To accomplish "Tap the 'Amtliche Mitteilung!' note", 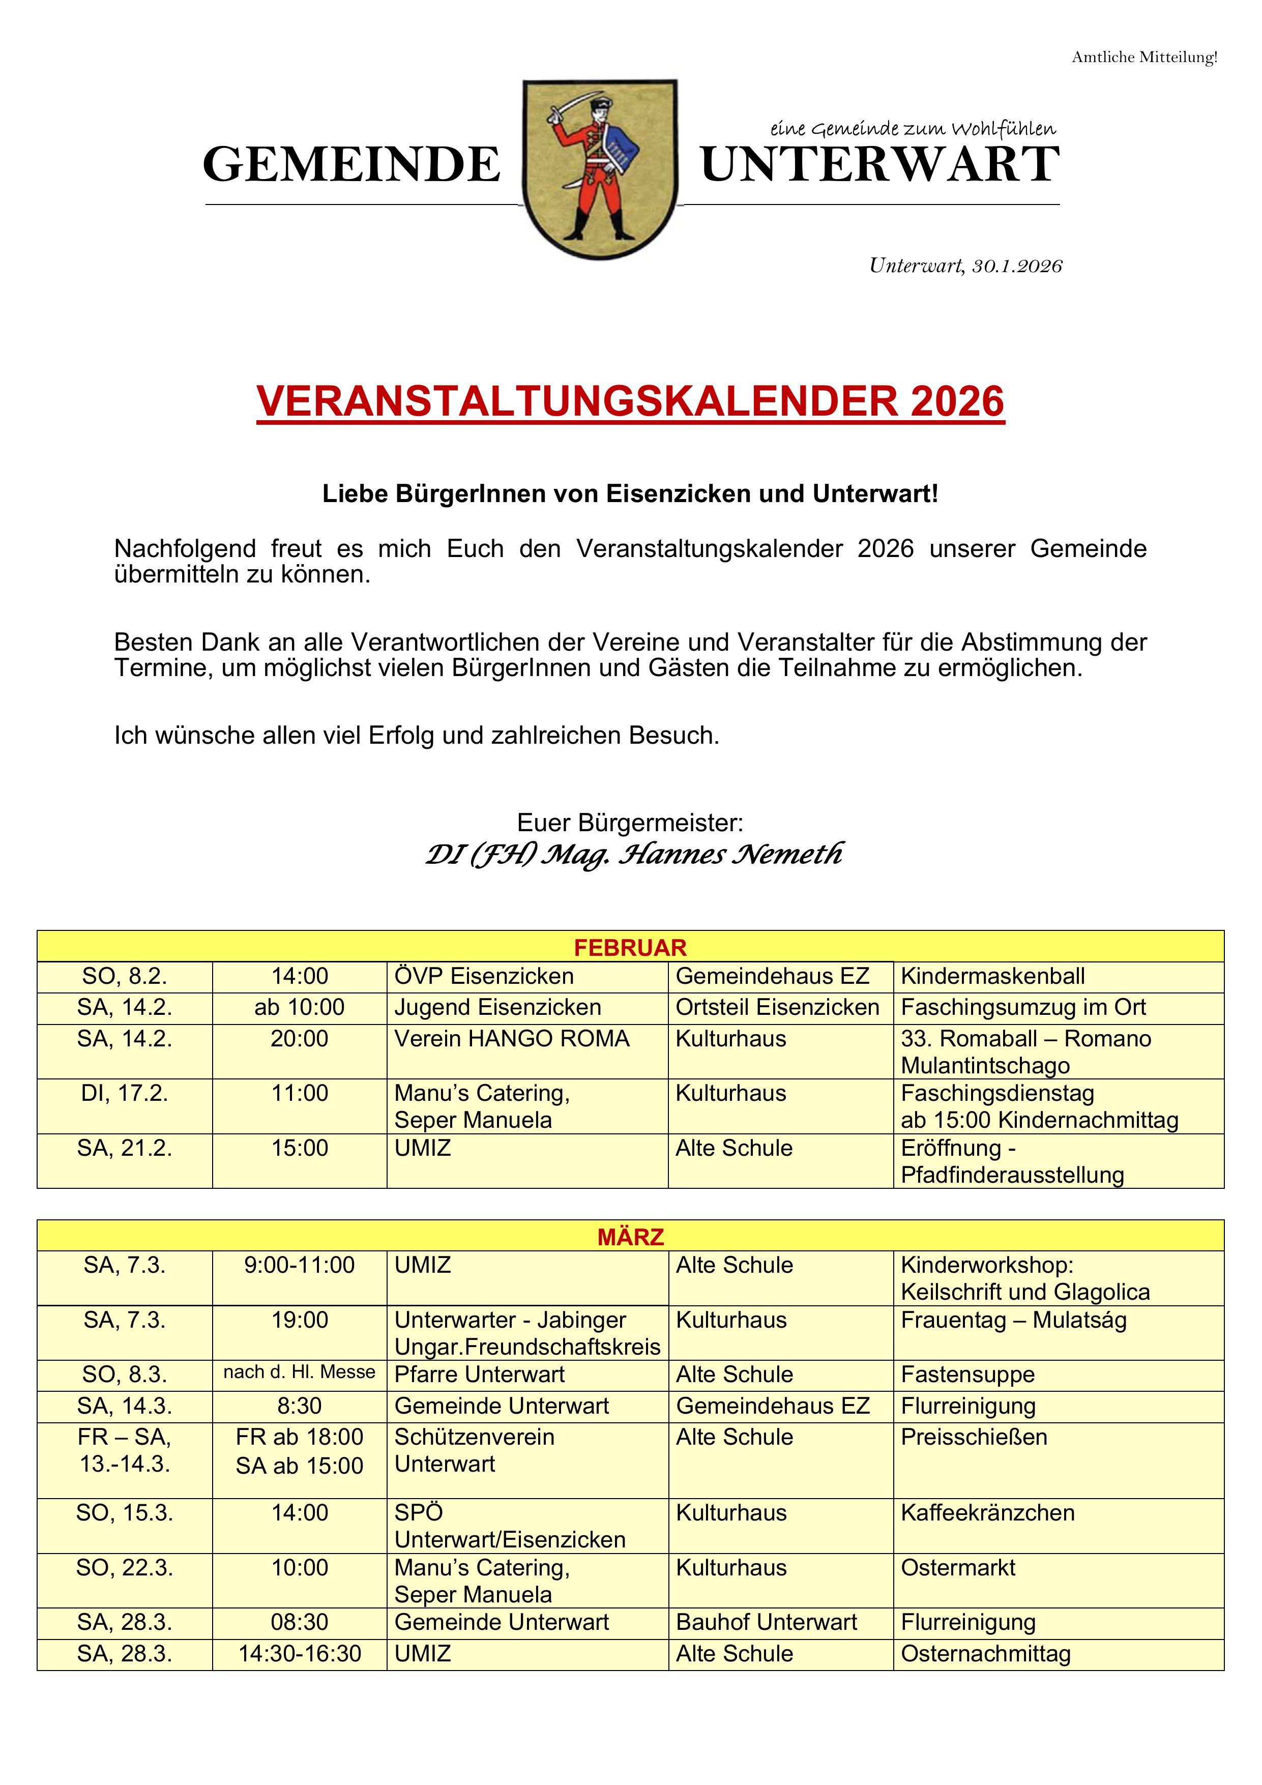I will [x=1144, y=57].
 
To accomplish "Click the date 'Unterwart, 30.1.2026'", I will [x=965, y=266].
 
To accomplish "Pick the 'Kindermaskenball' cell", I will [x=992, y=977].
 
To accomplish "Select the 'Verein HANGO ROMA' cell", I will [x=512, y=1039].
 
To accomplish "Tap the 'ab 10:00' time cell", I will [x=300, y=1008].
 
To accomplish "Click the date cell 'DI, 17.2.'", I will [x=125, y=1094].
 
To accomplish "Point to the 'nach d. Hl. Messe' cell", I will [x=300, y=1372].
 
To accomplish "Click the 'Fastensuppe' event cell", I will [x=967, y=1374].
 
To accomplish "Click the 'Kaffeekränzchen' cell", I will [x=987, y=1512].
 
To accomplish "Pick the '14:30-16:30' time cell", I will [x=300, y=1654].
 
